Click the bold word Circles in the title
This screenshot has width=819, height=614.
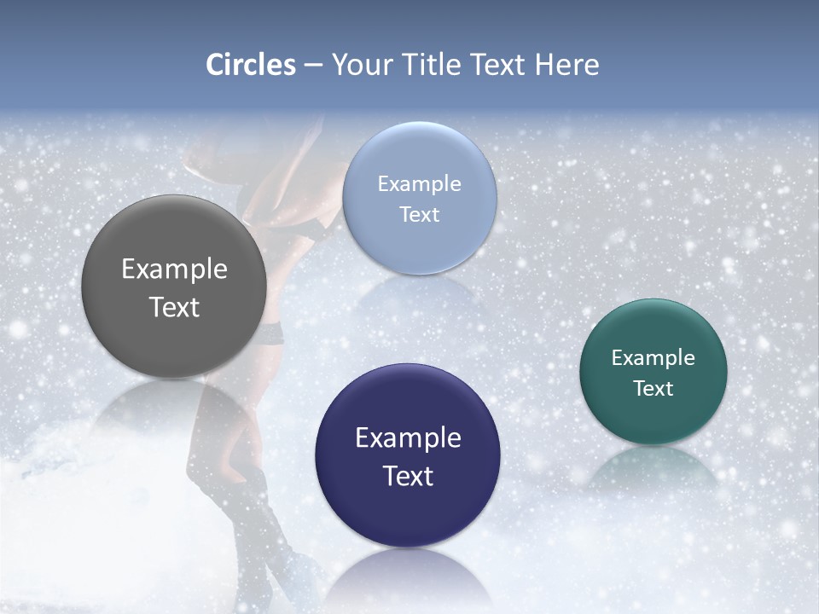point(250,65)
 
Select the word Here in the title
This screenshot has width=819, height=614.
point(566,65)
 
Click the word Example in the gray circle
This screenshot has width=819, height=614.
point(174,269)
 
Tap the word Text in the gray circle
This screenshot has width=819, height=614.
point(174,307)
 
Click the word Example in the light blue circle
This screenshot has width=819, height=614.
point(419,183)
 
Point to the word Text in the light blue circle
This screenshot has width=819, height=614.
point(419,214)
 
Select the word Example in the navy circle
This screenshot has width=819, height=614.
point(408,437)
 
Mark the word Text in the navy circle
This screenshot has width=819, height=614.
point(408,476)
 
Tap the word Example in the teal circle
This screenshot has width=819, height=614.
point(653,357)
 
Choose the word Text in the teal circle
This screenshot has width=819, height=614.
point(653,388)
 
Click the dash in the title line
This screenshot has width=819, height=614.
point(312,66)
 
